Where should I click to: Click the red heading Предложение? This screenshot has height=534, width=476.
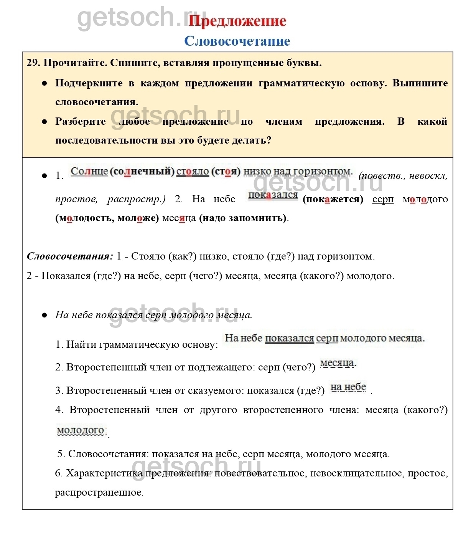click(237, 21)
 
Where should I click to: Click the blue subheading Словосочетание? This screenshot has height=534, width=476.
click(237, 41)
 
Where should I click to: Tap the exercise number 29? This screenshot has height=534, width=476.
click(33, 63)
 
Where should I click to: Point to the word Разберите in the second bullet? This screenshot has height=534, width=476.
click(81, 121)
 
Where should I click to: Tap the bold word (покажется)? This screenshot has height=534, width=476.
click(333, 199)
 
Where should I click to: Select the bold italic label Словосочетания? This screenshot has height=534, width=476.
click(70, 256)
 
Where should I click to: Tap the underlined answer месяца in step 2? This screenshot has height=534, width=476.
click(338, 363)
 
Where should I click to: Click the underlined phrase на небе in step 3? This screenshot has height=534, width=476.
click(348, 387)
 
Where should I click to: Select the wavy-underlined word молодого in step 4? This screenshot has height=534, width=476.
click(81, 431)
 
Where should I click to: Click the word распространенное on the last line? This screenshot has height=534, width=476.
click(99, 492)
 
